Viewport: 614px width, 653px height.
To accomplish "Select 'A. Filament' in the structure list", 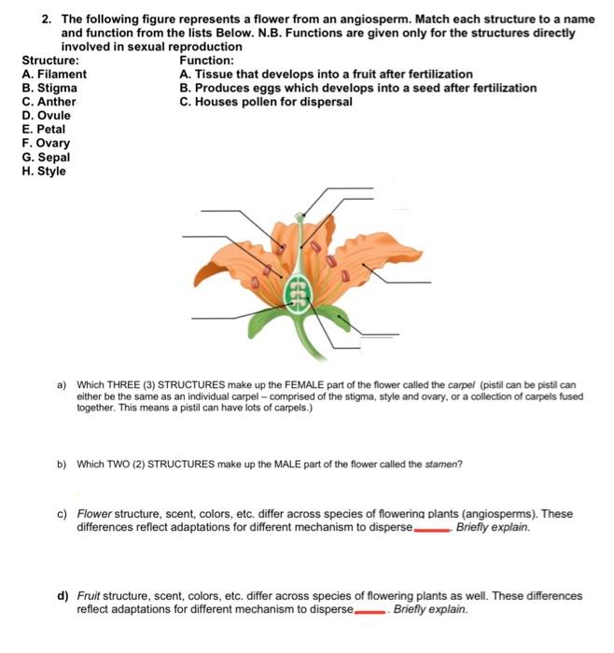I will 54,74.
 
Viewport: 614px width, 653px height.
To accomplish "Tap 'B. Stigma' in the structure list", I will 49,88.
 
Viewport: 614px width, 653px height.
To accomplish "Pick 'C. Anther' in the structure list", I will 49,102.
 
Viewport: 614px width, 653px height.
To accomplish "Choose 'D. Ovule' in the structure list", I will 47,116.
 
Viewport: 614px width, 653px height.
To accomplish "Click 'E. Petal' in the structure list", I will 44,130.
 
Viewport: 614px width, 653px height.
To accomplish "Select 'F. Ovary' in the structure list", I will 46,144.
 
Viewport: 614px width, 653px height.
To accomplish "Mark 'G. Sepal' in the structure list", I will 46,158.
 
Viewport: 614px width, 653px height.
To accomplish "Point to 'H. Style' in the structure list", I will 44,172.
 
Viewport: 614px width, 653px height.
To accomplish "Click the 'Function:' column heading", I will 206,60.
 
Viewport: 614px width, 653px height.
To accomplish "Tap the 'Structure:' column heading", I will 50,60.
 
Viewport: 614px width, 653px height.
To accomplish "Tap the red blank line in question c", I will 431,528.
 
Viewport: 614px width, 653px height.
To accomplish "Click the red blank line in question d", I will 370,611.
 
